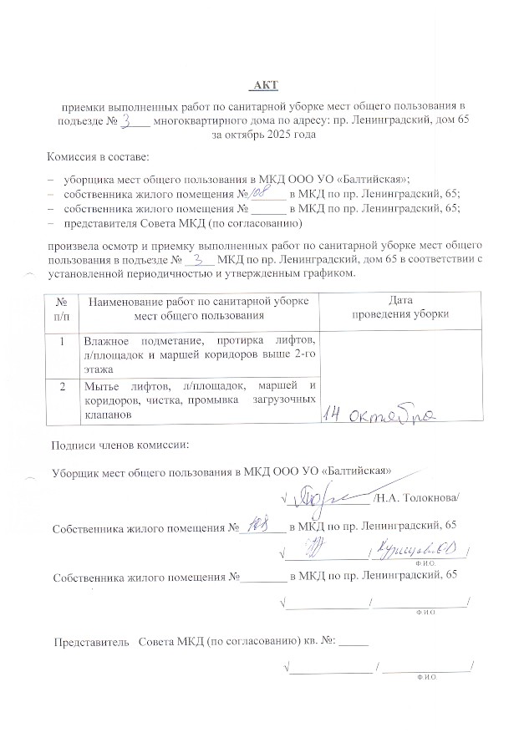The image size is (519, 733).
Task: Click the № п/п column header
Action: (x=61, y=308)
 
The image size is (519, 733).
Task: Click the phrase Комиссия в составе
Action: (x=98, y=157)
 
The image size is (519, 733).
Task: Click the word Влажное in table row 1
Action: (x=106, y=342)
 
